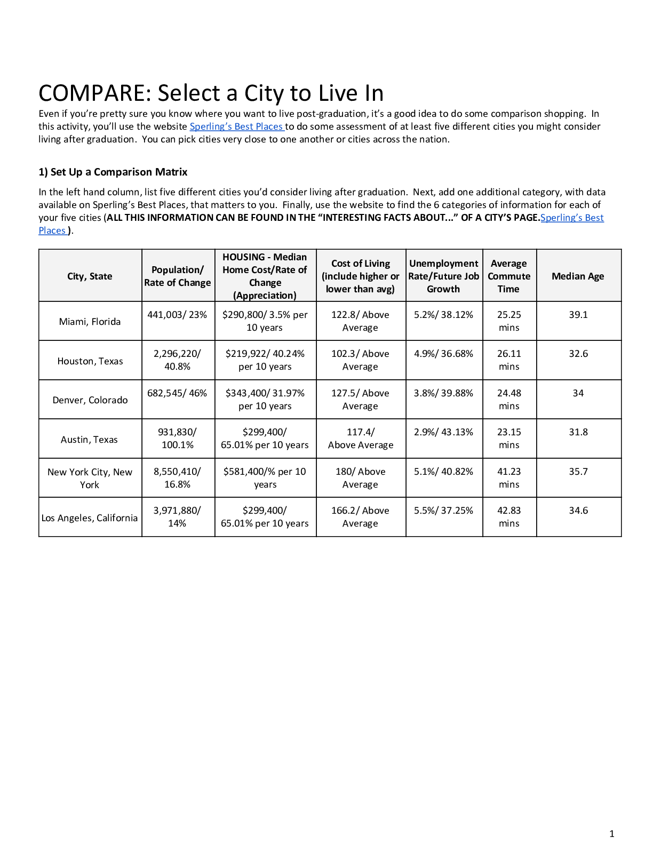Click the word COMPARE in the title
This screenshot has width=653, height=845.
tap(91, 93)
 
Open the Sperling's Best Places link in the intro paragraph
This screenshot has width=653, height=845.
tap(236, 126)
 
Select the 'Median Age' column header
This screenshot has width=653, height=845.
tap(578, 276)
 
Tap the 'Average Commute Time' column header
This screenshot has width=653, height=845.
tap(509, 276)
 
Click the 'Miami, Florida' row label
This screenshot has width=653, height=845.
tap(90, 321)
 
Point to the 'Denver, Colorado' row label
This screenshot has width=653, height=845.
tap(90, 400)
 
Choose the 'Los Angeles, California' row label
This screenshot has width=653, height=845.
tap(90, 517)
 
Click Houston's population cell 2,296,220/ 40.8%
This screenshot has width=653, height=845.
tap(177, 360)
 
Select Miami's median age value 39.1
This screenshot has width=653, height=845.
tap(578, 315)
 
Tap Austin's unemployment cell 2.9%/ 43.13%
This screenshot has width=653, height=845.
tap(443, 432)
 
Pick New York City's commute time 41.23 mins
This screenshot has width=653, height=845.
tap(509, 478)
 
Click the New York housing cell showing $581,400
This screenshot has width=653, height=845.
tap(265, 478)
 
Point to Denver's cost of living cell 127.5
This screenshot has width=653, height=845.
tap(360, 400)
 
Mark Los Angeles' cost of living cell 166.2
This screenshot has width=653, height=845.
tap(360, 517)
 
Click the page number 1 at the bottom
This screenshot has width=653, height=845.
tap(611, 833)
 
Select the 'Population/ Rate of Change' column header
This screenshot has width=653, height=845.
tap(177, 276)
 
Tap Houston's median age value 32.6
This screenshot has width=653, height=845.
tap(578, 354)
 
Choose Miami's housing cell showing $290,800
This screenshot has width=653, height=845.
tap(265, 321)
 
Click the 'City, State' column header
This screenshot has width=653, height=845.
tap(90, 276)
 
